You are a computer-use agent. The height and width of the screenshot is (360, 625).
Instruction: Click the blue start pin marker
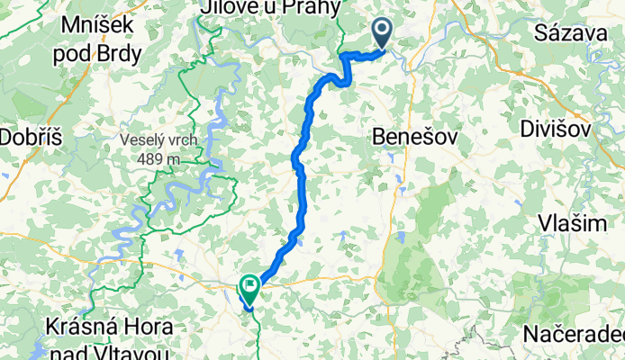pos(383,33)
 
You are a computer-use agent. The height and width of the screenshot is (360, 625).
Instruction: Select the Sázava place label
pos(568,34)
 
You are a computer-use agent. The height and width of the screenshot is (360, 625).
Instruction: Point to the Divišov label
pos(556,129)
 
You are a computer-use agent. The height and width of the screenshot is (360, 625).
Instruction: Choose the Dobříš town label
pos(30,138)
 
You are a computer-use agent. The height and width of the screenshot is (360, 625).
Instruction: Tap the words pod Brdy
pos(97,53)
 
